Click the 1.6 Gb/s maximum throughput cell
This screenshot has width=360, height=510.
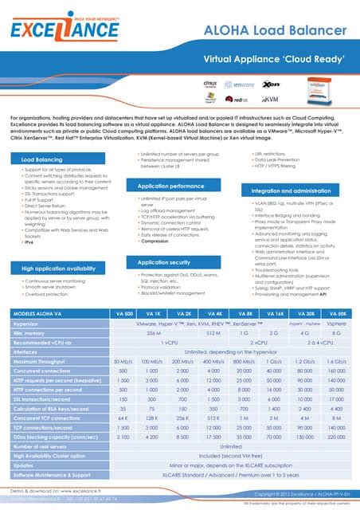point(336,360)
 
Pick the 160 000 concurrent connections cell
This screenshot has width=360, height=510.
point(336,371)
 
